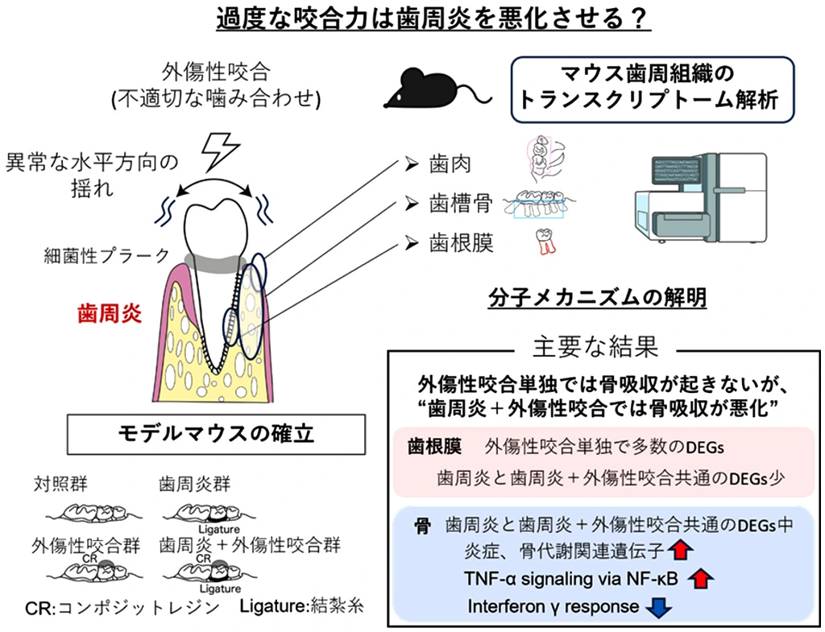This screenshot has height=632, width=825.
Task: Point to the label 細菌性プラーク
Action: [x=107, y=255]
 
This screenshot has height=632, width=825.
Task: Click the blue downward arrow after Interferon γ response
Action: [x=658, y=606]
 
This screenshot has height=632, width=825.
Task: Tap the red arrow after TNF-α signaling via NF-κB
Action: [x=700, y=578]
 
